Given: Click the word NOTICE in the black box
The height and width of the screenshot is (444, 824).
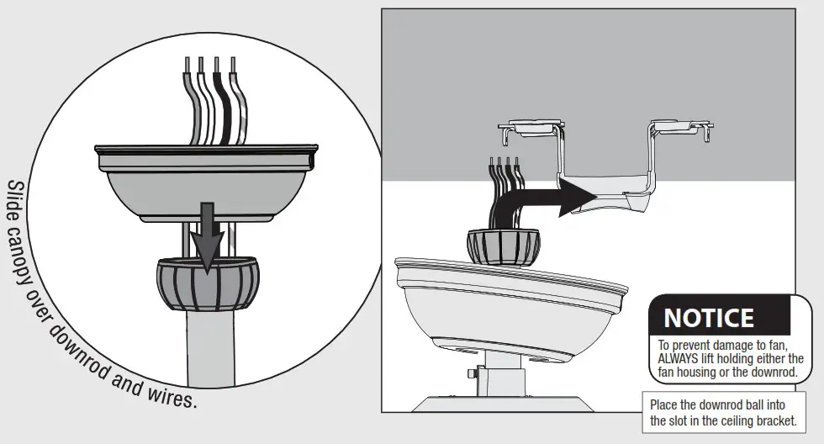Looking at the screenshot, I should tap(709, 318).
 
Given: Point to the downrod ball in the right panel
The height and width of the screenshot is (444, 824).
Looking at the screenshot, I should tap(503, 246).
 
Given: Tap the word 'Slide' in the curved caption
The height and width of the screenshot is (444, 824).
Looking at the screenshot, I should tap(17, 203).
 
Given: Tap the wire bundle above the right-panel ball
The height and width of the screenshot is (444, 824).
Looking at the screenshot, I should tap(503, 193).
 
